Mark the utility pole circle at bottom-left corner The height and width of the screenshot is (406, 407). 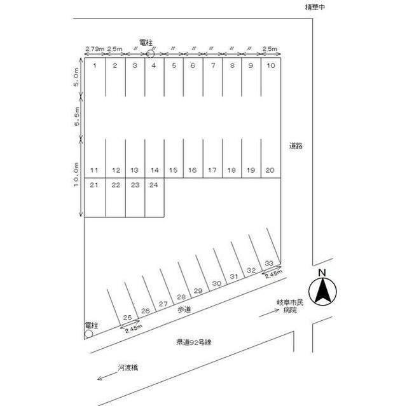[x=88, y=333]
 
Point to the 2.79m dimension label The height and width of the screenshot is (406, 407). [x=93, y=48]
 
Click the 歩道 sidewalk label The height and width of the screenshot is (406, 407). [x=184, y=308]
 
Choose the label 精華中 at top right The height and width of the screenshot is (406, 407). [x=315, y=8]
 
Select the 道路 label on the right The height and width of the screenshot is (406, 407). [x=294, y=145]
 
